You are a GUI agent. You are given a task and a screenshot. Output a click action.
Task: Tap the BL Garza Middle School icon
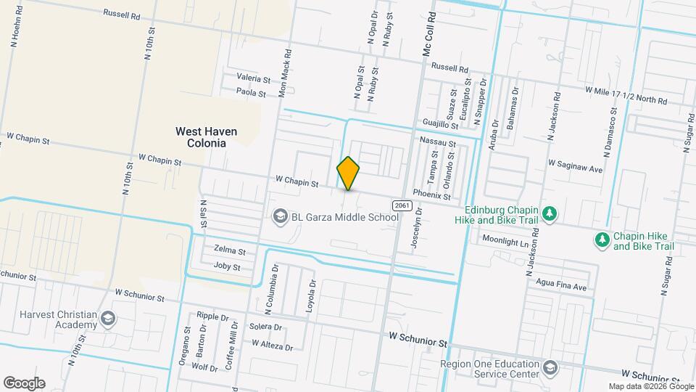click(x=279, y=216)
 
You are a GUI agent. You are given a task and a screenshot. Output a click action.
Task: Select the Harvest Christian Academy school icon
click(x=107, y=318)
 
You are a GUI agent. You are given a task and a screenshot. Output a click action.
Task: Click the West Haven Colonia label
click(x=207, y=137)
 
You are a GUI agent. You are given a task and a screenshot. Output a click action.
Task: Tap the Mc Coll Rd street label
click(x=428, y=35)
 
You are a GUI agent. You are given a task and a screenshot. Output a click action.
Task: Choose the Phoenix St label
click(x=427, y=193)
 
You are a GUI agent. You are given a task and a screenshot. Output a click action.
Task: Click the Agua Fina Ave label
click(x=561, y=286)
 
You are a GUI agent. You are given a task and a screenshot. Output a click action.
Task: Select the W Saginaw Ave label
click(x=576, y=168)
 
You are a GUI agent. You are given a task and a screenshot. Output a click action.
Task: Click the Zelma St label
click(x=229, y=250)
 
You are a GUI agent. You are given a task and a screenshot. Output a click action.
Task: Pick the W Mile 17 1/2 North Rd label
click(x=626, y=95)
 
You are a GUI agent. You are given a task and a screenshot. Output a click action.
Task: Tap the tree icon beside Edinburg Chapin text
click(x=550, y=213)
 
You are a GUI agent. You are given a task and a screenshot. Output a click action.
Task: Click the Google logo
click(x=24, y=383)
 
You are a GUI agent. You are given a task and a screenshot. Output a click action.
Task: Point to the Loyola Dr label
click(x=312, y=297)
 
